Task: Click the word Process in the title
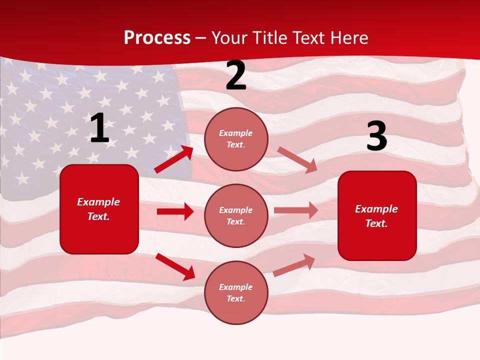[x=157, y=38]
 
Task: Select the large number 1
[x=99, y=128]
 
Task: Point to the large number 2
[x=236, y=76]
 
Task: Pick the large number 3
[x=376, y=136]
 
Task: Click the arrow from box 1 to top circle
[x=174, y=159]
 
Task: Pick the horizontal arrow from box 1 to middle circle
[x=175, y=211]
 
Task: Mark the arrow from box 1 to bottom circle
[x=175, y=266]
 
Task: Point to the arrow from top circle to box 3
[x=297, y=159]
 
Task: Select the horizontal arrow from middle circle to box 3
[x=295, y=210]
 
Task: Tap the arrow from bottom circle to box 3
[x=294, y=265]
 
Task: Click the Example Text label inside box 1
[x=98, y=209]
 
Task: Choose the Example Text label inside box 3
[x=376, y=216]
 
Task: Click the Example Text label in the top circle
[x=236, y=139]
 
